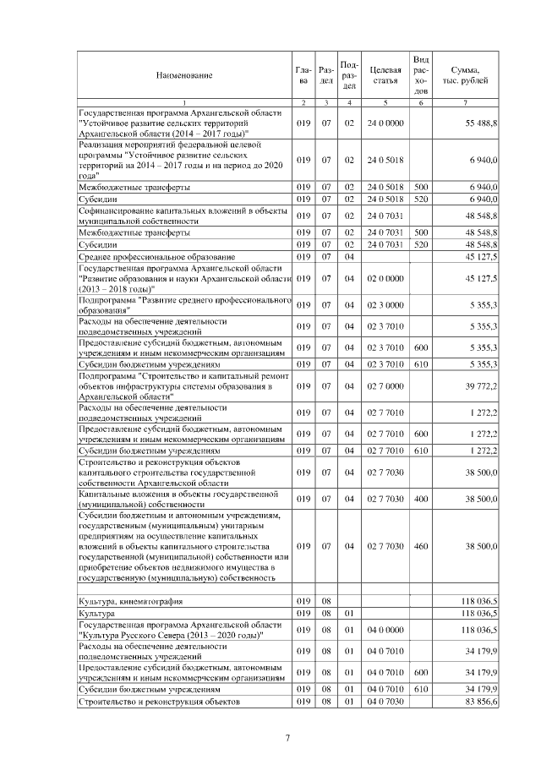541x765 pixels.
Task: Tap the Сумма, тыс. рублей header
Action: pyautogui.click(x=467, y=74)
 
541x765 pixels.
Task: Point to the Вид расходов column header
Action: pyautogui.click(x=421, y=74)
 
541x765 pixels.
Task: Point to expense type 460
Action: pyautogui.click(x=421, y=547)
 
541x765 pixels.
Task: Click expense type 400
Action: pyautogui.click(x=421, y=499)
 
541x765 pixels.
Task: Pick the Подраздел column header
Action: pyautogui.click(x=349, y=74)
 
